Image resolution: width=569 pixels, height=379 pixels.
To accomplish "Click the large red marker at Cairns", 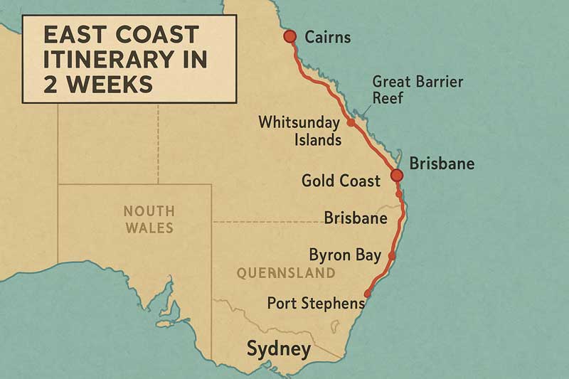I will click(289, 36).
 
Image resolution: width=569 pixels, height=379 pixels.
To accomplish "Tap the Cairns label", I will click(327, 37).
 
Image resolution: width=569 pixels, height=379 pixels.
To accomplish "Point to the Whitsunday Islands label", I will click(299, 130).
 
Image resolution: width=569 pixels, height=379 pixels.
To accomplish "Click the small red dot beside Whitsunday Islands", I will click(351, 123).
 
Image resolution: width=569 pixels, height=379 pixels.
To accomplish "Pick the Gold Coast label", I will click(341, 181).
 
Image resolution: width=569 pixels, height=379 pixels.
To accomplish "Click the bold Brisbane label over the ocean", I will click(442, 164).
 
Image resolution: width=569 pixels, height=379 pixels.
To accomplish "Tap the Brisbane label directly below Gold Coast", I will click(355, 218).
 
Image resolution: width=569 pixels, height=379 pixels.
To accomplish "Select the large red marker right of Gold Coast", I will click(397, 175).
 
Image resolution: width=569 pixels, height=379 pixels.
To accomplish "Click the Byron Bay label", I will click(345, 255).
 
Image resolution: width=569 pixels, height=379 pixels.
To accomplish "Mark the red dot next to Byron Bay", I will click(392, 255).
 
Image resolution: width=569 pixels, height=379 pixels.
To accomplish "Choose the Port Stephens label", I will click(316, 303).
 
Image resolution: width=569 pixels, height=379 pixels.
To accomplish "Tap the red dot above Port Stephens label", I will click(368, 293).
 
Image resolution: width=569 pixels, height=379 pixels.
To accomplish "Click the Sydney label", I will click(279, 349).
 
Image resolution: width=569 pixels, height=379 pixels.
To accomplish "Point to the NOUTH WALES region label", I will click(148, 219).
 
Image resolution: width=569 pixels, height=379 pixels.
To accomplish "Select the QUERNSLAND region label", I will click(285, 272).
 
